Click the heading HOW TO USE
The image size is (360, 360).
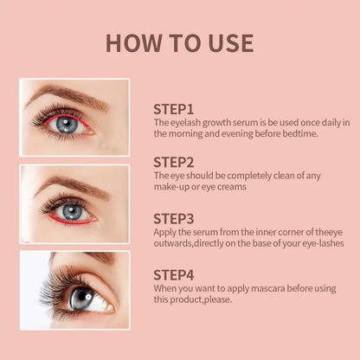pyautogui.click(x=180, y=43)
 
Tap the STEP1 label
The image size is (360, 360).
pyautogui.click(x=173, y=109)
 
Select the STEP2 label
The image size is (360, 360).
pyautogui.click(x=174, y=162)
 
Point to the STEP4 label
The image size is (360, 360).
pyautogui.click(x=174, y=273)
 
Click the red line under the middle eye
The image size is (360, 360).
pyautogui.click(x=74, y=222)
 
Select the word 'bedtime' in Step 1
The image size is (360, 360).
pyautogui.click(x=298, y=134)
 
